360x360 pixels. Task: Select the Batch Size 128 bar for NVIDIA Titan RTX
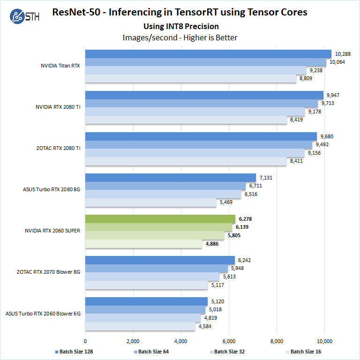208,54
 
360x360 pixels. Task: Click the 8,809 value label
306,79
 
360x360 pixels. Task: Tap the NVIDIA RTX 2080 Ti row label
58,107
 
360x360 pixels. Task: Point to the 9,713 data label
327,104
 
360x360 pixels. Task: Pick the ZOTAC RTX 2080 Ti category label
59,148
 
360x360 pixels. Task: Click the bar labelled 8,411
186,161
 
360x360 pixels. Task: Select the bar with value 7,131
171,178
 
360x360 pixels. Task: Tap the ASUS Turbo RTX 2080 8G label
52,189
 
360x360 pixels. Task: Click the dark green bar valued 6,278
160,219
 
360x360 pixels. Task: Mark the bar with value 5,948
157,269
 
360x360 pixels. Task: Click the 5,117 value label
217,285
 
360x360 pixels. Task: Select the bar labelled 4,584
140,326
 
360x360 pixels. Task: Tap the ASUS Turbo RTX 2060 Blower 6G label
43,313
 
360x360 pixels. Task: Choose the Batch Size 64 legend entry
150,352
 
